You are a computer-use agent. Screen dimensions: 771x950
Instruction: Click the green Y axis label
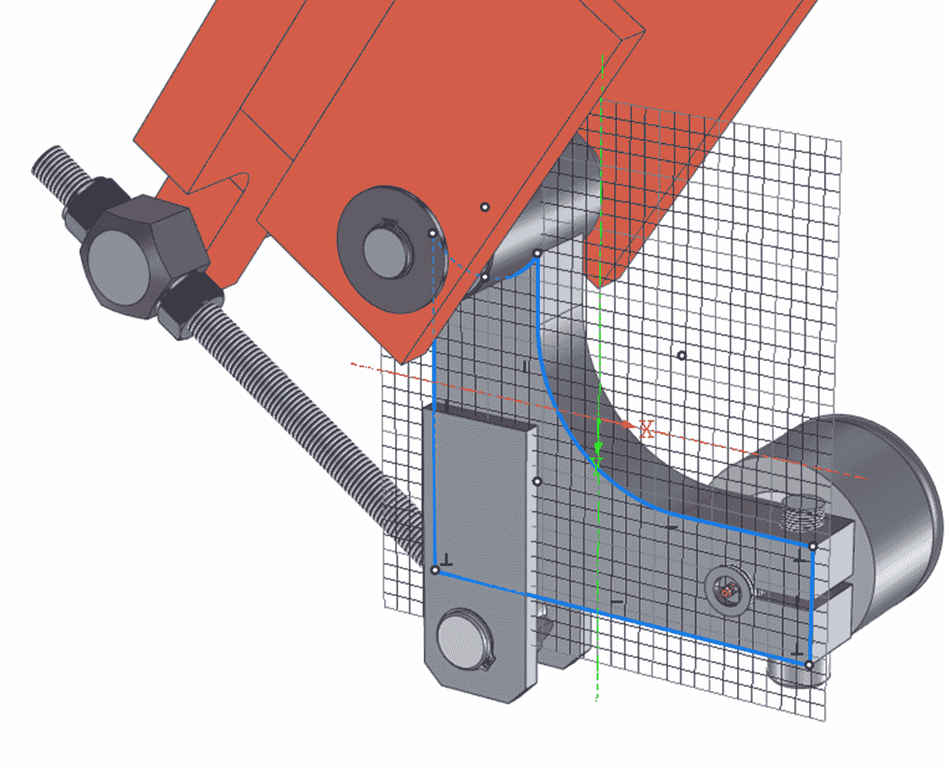[x=598, y=463]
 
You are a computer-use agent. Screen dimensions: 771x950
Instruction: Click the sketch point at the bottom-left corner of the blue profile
[x=435, y=570]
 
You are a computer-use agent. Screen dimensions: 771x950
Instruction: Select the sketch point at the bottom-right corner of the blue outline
[x=808, y=664]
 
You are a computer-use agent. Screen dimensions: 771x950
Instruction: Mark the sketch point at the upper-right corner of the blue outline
[x=812, y=546]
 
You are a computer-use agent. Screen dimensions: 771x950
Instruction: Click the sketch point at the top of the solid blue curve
[x=537, y=254]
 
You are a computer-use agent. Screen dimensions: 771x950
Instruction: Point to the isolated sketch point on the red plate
[x=485, y=207]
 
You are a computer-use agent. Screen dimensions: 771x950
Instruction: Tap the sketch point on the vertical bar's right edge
[x=537, y=480]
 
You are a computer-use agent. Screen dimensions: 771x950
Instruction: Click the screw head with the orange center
[x=728, y=590]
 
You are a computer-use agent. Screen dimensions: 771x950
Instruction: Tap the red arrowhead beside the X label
[x=630, y=425]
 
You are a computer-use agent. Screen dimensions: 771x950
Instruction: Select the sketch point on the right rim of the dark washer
[x=432, y=234]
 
